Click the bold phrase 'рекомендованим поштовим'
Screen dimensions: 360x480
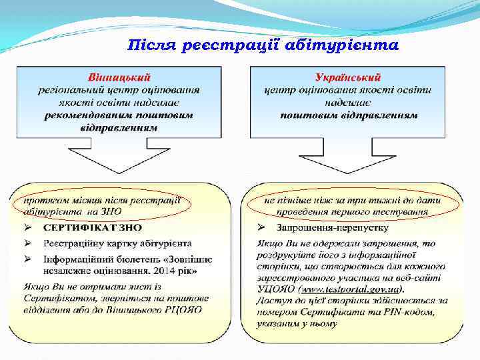tap(119, 115)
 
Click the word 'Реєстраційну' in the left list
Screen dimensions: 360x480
tap(75, 243)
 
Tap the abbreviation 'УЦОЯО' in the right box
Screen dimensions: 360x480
tap(275, 290)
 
